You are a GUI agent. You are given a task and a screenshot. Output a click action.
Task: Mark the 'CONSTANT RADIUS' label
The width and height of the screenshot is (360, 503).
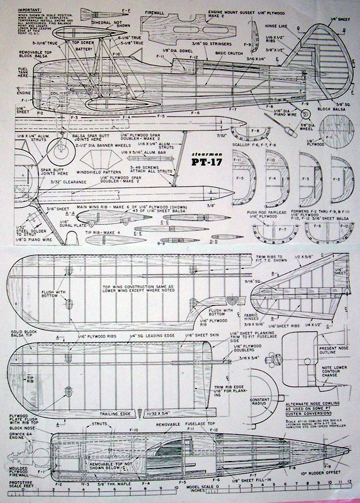pyautogui.click(x=258, y=403)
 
